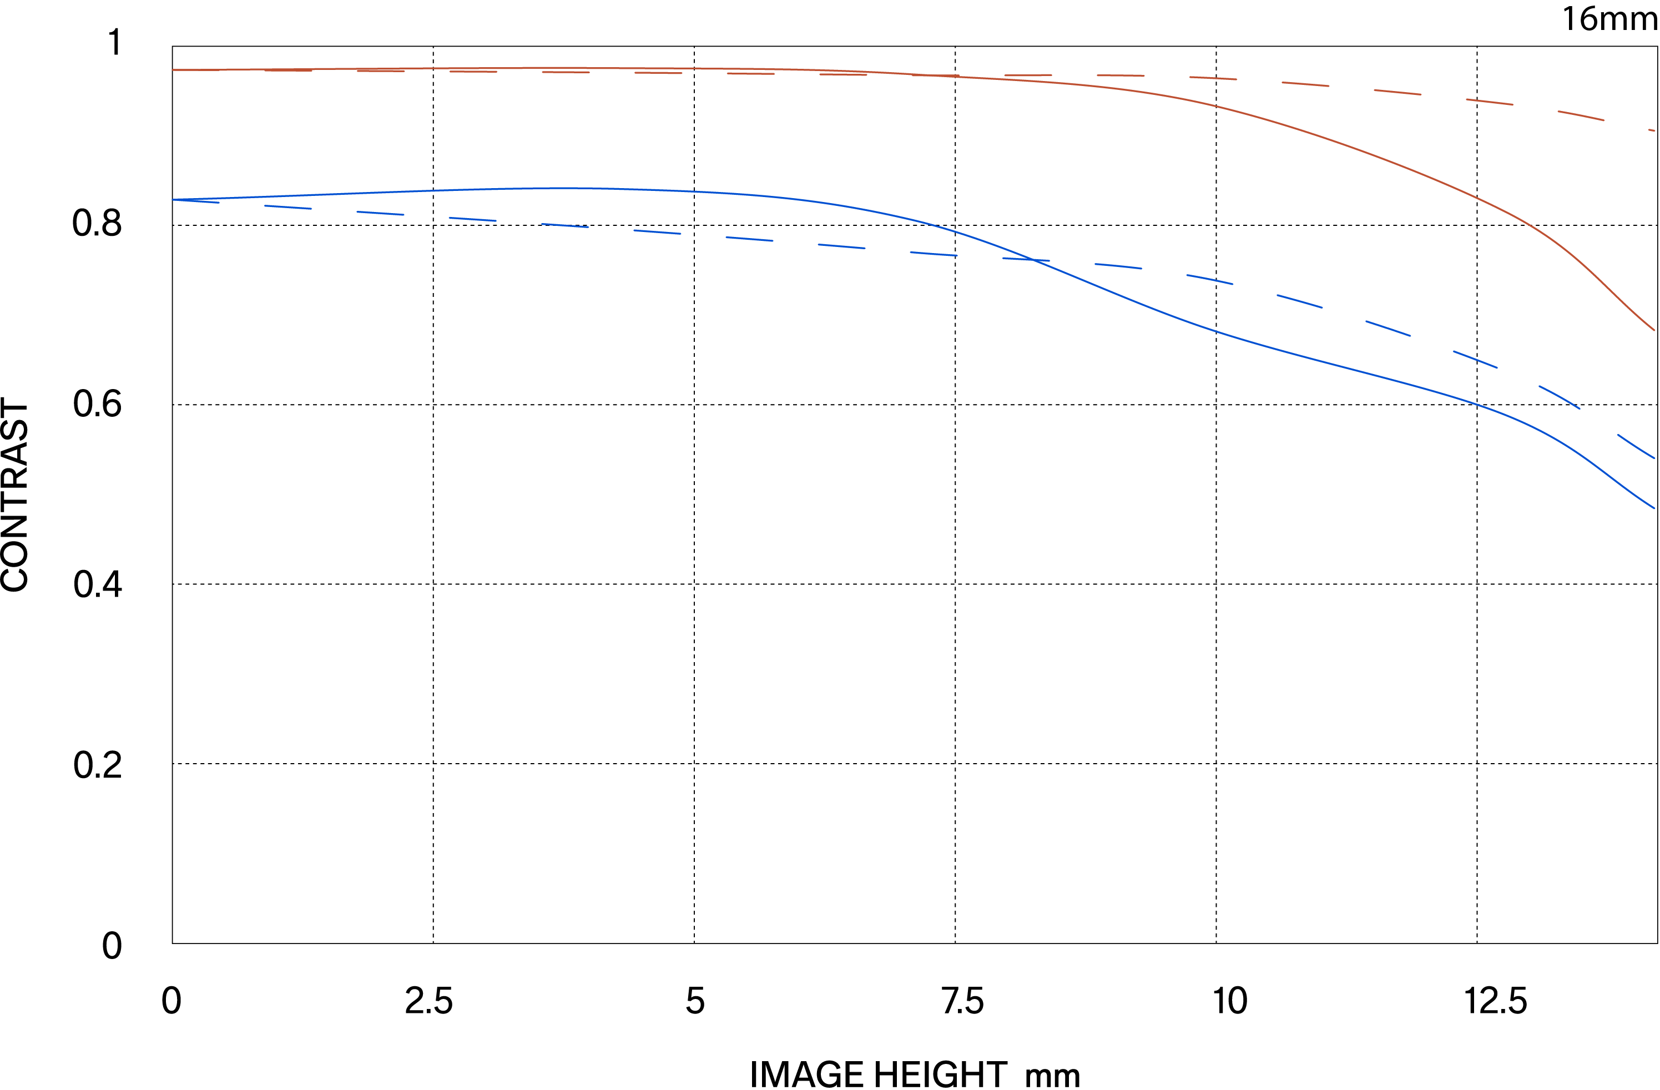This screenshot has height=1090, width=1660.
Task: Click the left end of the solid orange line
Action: tap(173, 70)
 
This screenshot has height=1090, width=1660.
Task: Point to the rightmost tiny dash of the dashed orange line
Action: tap(1652, 130)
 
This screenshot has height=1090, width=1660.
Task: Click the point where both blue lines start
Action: tap(174, 199)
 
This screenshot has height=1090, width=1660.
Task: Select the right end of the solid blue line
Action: tap(1654, 508)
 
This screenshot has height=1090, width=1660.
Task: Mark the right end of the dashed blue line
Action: tap(1654, 458)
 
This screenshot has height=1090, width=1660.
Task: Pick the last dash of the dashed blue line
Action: tap(1636, 446)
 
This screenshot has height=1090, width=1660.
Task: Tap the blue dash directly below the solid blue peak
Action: tap(565, 225)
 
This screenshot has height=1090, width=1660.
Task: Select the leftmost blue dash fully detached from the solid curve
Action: tap(288, 207)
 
